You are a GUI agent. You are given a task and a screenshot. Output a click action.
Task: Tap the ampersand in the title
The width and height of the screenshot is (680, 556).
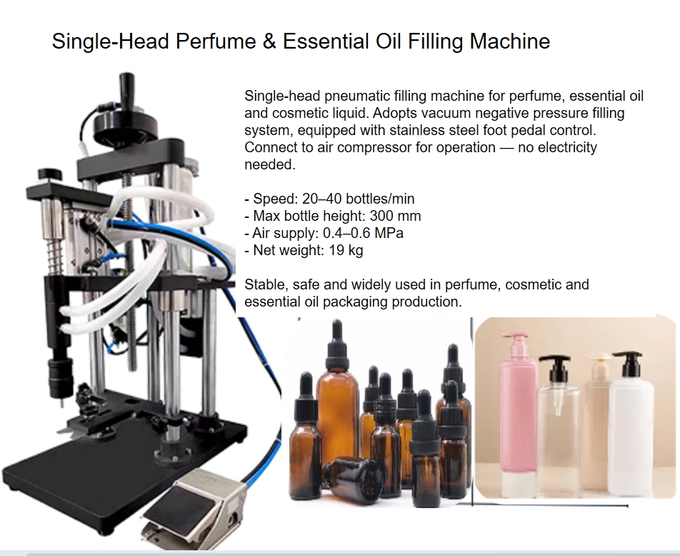269,41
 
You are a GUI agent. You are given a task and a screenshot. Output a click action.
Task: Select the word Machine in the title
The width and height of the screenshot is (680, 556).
509,41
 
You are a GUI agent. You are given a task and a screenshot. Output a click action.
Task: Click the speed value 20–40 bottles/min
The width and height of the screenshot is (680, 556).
359,199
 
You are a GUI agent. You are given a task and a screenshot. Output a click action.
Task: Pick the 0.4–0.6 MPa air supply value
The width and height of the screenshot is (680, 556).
363,233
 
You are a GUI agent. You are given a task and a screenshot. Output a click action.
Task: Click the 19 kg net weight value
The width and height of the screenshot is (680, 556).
346,250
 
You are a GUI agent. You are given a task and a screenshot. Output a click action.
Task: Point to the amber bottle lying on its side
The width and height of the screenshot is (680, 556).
351,478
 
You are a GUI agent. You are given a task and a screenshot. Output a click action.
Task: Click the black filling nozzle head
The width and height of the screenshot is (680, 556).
60,377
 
